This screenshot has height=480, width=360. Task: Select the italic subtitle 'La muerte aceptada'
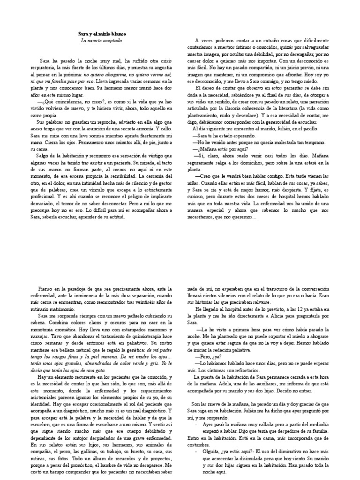point(101,41)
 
